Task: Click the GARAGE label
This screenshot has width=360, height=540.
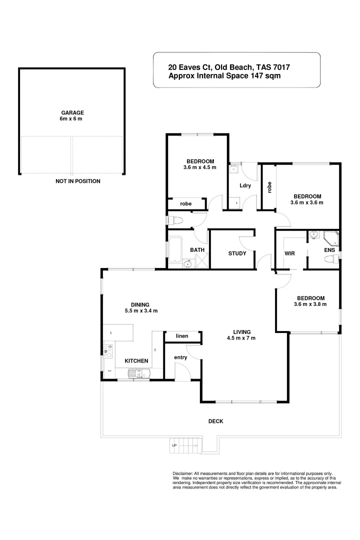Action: click(72, 113)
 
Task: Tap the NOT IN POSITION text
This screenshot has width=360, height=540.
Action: click(77, 181)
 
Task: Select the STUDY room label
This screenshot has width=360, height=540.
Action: click(237, 253)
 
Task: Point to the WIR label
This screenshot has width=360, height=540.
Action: click(289, 253)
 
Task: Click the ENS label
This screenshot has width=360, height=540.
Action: click(329, 249)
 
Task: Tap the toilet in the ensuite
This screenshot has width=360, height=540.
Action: click(330, 259)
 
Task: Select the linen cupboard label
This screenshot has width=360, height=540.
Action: click(182, 336)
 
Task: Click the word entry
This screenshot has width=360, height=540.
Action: click(180, 357)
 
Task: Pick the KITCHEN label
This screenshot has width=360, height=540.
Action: click(136, 360)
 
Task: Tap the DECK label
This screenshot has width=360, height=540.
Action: click(215, 421)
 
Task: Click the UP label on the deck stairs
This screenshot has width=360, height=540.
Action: click(174, 445)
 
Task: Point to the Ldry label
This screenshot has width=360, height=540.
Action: click(245, 186)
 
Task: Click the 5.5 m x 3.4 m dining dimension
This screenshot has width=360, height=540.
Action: click(141, 311)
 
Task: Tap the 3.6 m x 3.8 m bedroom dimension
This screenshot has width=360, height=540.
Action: click(310, 304)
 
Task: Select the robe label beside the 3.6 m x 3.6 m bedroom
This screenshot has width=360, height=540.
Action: click(269, 187)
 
